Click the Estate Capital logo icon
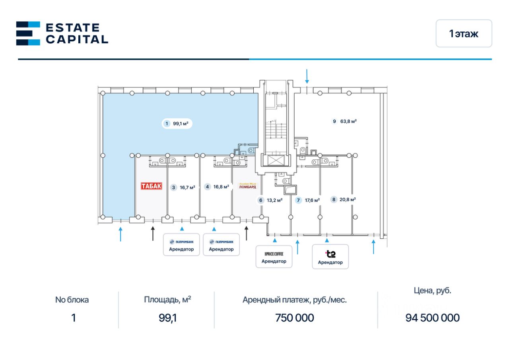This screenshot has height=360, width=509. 28,33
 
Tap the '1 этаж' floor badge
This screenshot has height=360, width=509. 464,34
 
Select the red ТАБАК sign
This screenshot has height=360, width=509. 152,186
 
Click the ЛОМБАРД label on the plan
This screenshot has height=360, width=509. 247,186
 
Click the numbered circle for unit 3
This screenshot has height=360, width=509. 173,187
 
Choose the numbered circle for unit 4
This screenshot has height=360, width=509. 207,187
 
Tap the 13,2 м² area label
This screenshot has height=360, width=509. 274,200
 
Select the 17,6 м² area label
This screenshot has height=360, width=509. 312,200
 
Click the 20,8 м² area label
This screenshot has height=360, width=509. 348,200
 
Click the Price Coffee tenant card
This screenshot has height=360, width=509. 274,257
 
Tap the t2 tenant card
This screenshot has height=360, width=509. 330,257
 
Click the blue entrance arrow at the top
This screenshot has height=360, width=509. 307,76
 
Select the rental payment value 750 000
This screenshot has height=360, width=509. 294,318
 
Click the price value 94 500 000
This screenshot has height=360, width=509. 432,318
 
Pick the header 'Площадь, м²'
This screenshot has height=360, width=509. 167,300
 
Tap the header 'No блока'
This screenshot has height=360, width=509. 72,300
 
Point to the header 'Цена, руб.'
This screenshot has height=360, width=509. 432,291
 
